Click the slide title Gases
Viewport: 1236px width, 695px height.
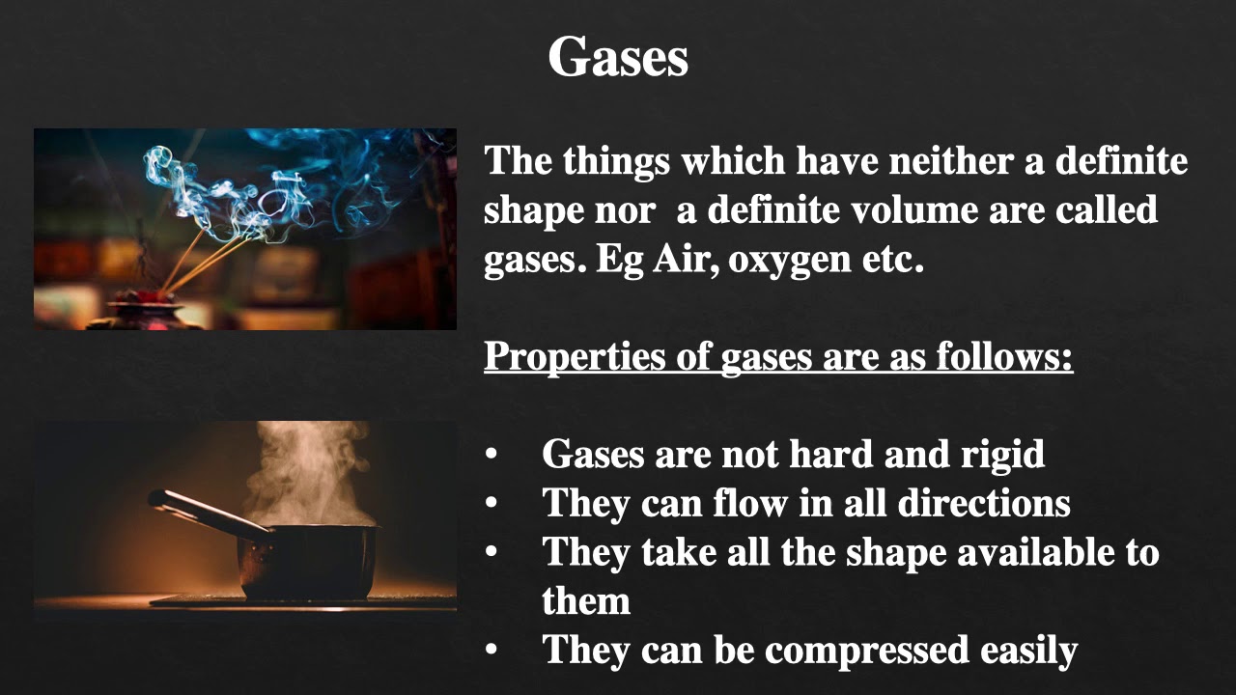tap(618, 57)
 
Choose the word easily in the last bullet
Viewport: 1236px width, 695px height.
tap(1028, 651)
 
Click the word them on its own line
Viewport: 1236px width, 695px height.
tap(586, 600)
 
